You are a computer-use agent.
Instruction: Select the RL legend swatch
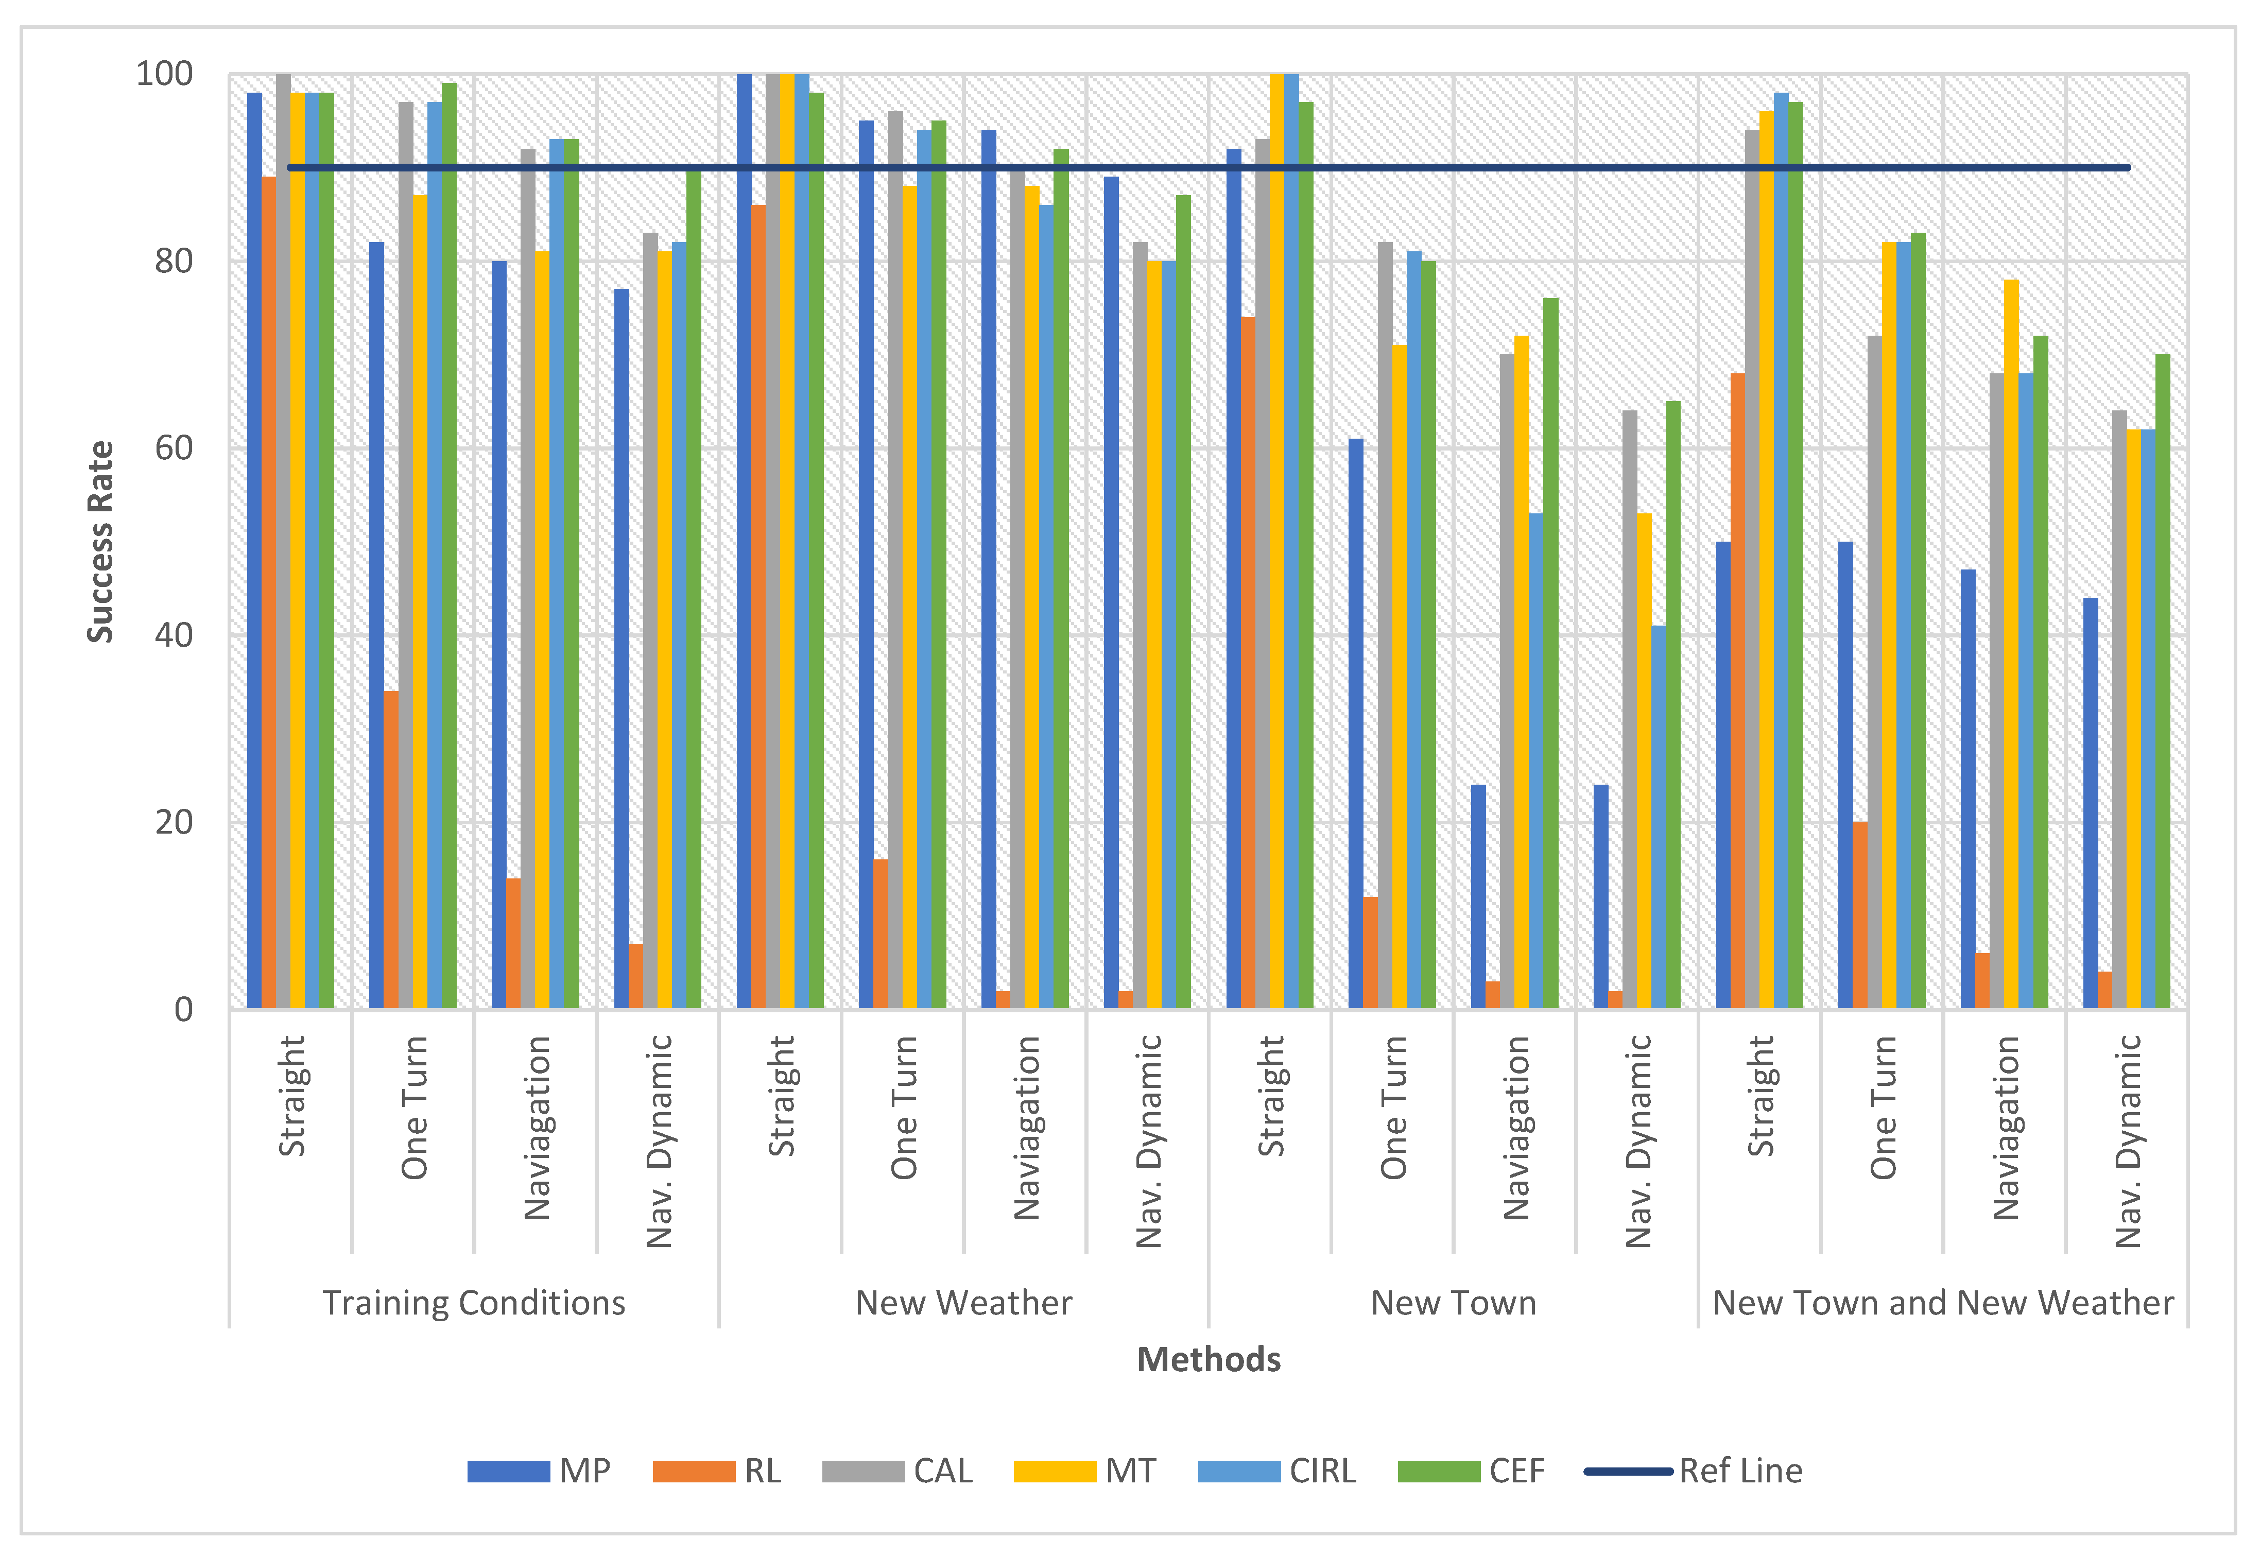point(693,1470)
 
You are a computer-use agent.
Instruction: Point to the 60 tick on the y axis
point(174,448)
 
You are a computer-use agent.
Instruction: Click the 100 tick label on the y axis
point(164,74)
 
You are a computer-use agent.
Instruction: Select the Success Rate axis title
point(100,542)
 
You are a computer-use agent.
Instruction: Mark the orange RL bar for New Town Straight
point(1248,663)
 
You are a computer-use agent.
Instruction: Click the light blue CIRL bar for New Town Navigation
point(1535,760)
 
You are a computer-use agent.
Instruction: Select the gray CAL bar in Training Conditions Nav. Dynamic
point(650,620)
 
